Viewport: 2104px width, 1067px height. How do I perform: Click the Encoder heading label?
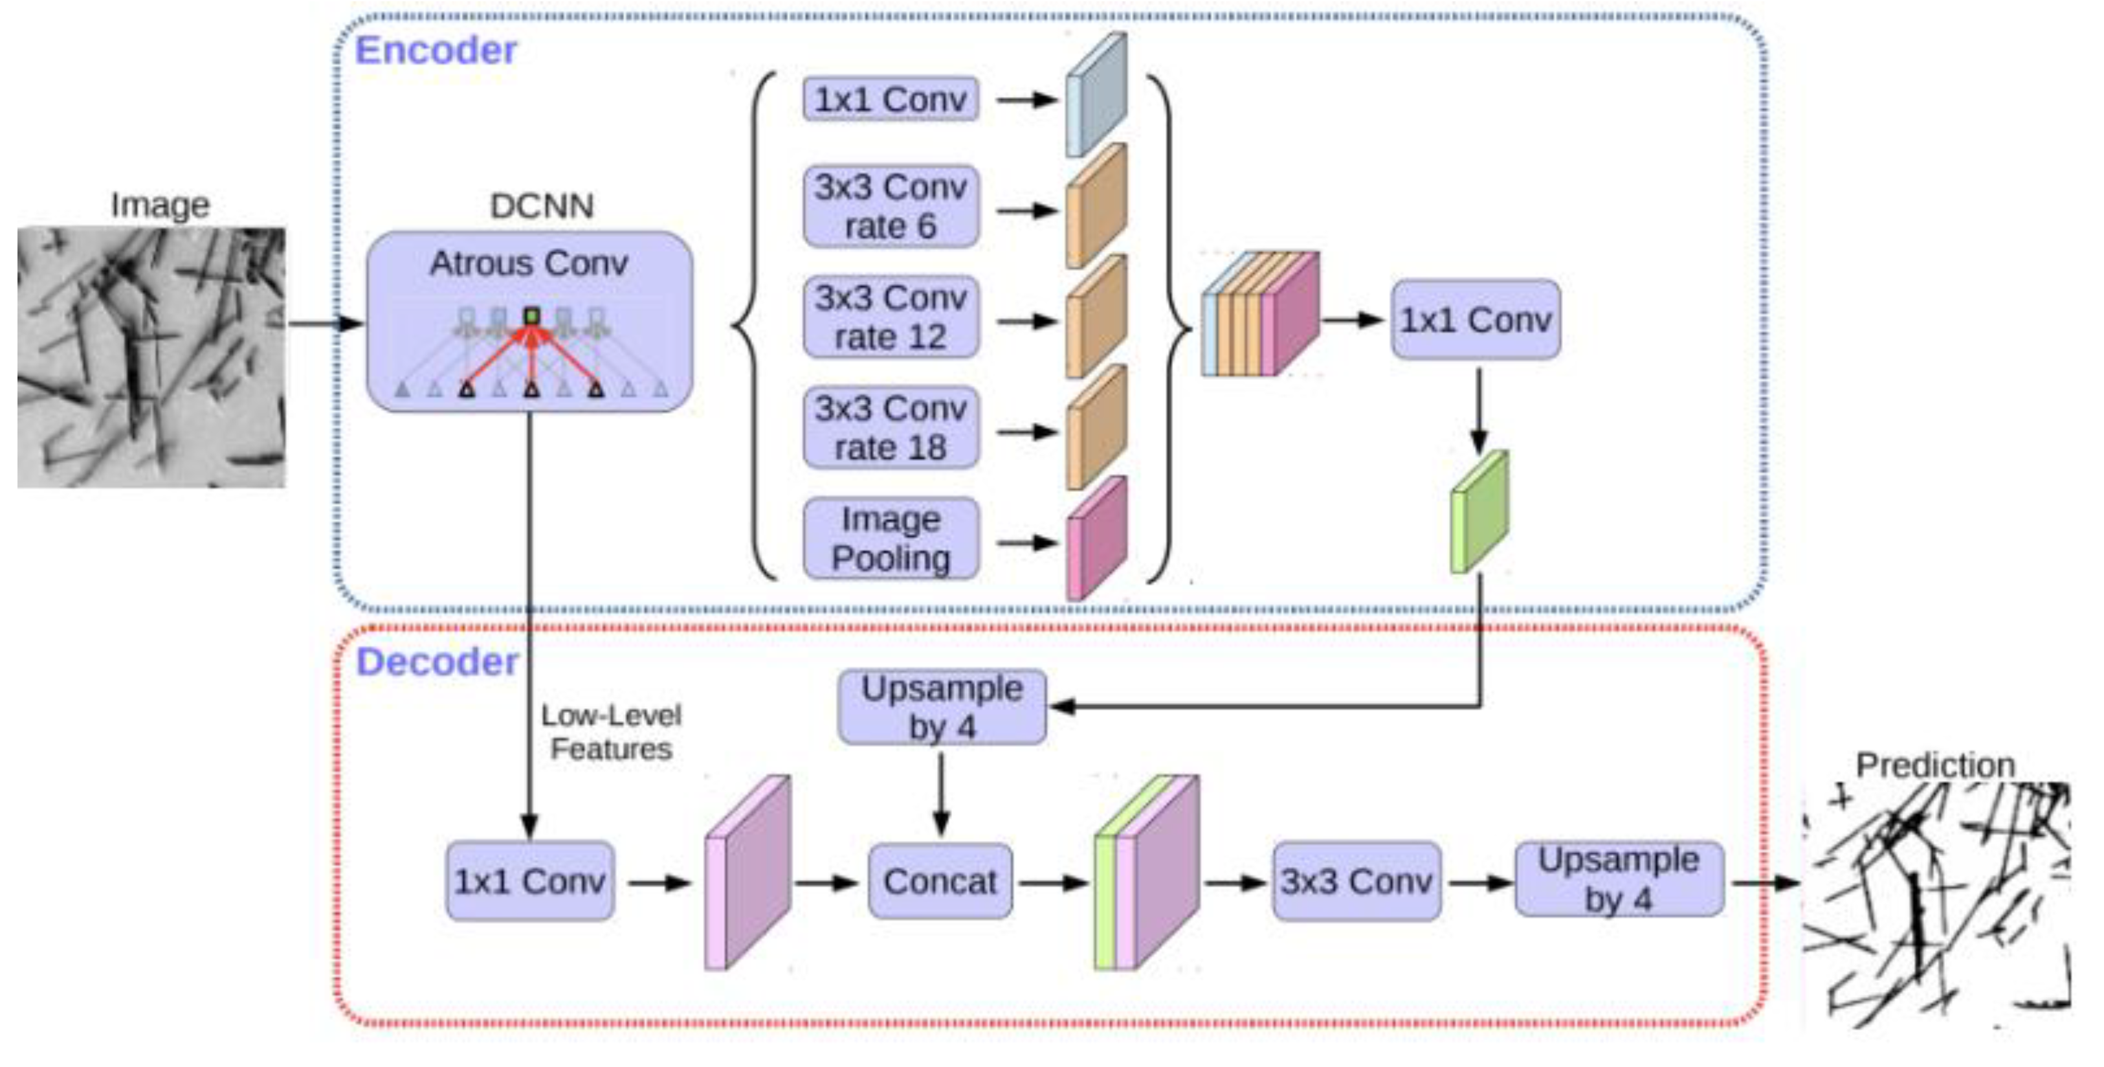(436, 51)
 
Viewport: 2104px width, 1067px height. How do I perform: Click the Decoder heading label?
(437, 662)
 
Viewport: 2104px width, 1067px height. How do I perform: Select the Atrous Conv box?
(529, 321)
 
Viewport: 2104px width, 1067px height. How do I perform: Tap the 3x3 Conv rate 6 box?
(891, 207)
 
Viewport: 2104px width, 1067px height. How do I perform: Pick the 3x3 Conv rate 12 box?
(891, 317)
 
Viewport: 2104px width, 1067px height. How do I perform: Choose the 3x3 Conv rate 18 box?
(891, 427)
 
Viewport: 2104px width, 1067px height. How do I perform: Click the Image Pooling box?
(891, 539)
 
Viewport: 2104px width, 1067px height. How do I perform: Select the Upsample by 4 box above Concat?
(942, 708)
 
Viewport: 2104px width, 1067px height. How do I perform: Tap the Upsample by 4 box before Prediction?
(1619, 879)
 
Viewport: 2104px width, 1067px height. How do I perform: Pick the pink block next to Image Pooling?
(1096, 539)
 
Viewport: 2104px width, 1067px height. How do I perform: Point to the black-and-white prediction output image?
(1936, 905)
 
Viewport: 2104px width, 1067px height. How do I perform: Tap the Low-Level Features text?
(611, 732)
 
